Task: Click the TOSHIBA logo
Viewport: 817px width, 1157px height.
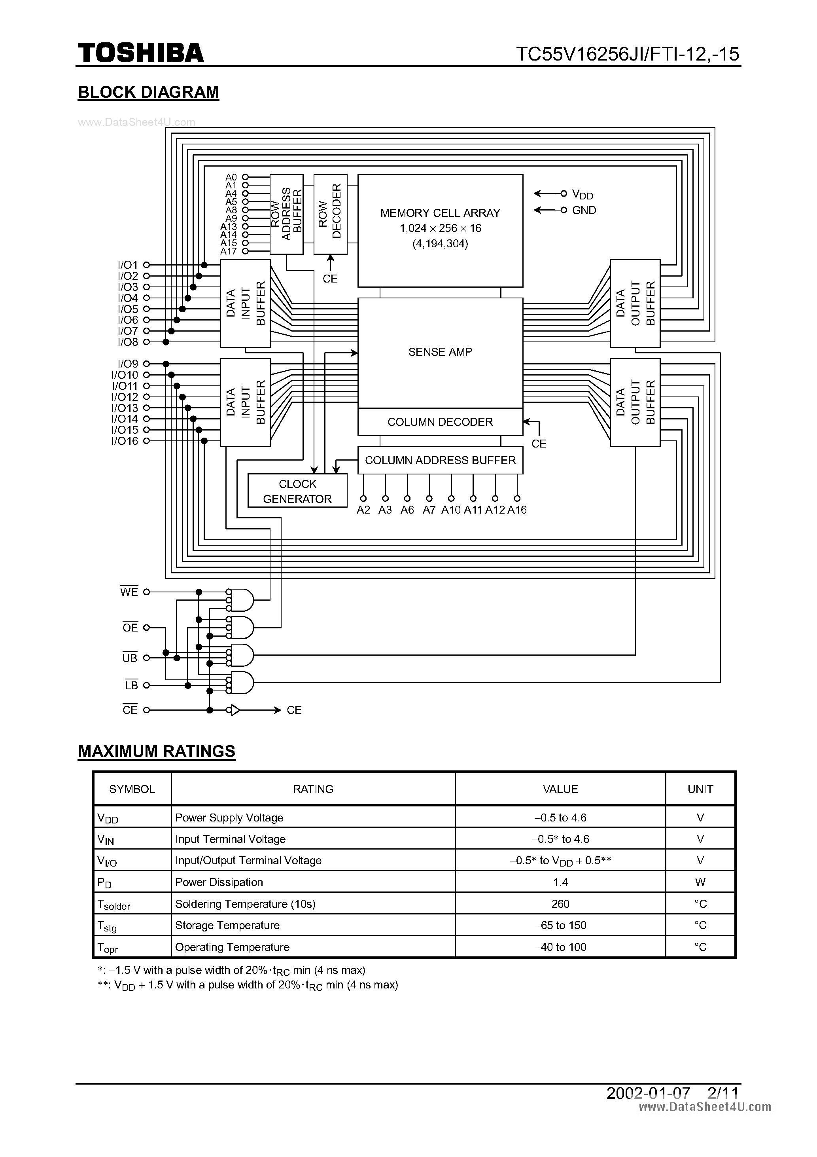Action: tap(140, 53)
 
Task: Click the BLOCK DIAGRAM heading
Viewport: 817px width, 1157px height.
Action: tap(149, 92)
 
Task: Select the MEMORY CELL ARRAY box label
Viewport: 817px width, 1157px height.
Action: tap(440, 213)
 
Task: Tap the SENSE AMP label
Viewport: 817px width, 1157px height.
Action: tap(440, 352)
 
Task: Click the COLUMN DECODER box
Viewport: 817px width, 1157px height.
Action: tap(440, 422)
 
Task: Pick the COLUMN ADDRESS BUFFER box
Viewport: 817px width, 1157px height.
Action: tap(440, 460)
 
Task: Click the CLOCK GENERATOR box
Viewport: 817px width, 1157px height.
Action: tap(297, 491)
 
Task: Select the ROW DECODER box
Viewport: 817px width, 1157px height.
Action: tap(330, 214)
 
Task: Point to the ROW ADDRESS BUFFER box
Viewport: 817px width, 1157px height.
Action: tap(286, 214)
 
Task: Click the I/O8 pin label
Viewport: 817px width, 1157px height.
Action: tap(127, 342)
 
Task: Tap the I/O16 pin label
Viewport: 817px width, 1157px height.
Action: tap(125, 441)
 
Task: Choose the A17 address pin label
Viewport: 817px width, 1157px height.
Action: tap(228, 251)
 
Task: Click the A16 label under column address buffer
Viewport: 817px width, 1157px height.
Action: tap(517, 510)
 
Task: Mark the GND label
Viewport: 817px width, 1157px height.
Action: tap(584, 210)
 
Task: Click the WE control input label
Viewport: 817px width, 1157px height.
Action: tap(129, 592)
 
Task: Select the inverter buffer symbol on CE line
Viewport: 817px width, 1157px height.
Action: tap(234, 710)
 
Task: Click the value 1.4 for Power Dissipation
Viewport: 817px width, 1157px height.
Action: tap(560, 882)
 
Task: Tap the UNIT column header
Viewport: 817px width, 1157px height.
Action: tap(700, 789)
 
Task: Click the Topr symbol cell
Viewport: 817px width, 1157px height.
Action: tap(108, 947)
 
